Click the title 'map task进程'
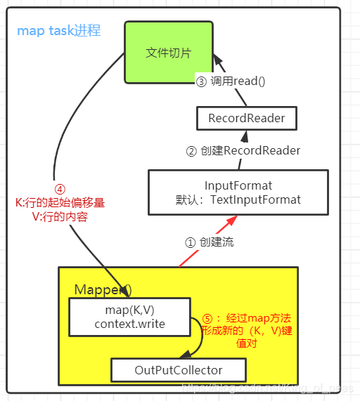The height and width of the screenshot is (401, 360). tap(59, 31)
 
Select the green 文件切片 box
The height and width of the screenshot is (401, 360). tap(168, 53)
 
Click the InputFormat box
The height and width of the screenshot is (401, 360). tap(238, 192)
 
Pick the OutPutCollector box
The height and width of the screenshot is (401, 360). tap(178, 369)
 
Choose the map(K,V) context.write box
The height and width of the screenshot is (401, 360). tap(129, 316)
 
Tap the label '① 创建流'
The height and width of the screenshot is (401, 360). tap(209, 242)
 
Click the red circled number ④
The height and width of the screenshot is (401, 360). tap(60, 189)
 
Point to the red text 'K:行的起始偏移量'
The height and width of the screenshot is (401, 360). tap(60, 203)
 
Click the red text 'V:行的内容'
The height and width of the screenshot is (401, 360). tap(60, 216)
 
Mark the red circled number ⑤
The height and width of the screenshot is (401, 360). tap(207, 318)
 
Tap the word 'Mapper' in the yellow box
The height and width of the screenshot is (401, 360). tap(97, 289)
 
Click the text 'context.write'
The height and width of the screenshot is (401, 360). tap(129, 323)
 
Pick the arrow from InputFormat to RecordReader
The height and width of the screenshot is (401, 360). tap(243, 149)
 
